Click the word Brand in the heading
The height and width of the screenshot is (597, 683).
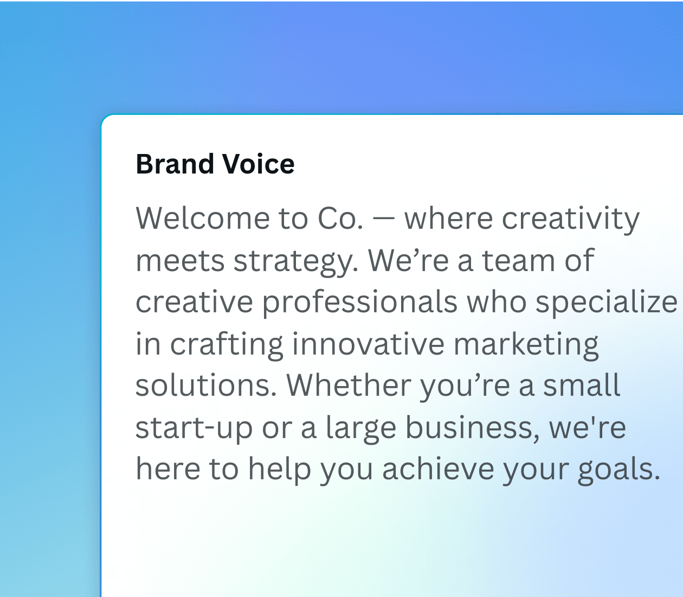[x=175, y=164]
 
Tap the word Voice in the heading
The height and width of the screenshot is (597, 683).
[x=259, y=164]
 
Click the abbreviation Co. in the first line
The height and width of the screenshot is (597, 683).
[x=340, y=219]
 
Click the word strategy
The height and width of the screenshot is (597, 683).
[x=296, y=262]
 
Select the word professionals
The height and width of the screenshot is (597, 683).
[x=360, y=303]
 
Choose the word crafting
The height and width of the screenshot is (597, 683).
[x=227, y=345]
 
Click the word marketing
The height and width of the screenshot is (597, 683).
[x=526, y=345]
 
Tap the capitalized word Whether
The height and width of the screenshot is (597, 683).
[x=349, y=386]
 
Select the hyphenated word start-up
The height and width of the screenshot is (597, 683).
[x=194, y=428]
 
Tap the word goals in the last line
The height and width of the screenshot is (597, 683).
[x=618, y=470]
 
